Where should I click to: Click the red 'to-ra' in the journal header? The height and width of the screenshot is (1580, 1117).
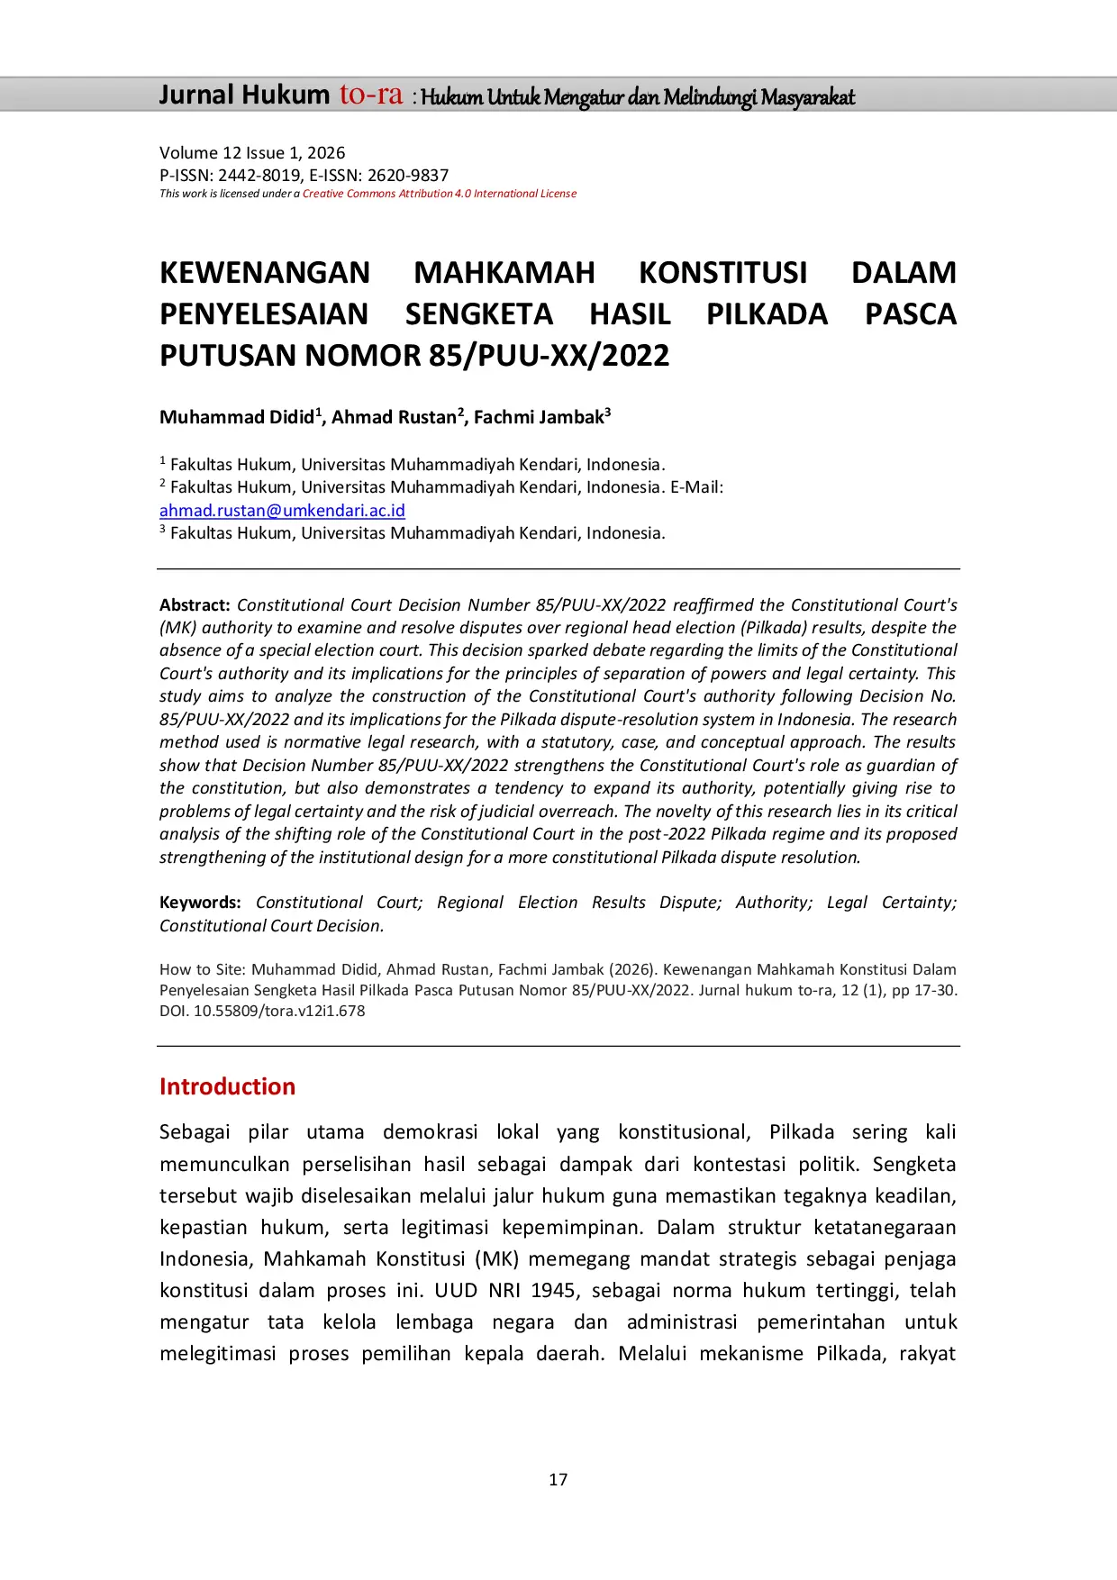[x=370, y=95]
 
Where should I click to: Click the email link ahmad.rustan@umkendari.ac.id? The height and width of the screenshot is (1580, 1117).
[x=282, y=511]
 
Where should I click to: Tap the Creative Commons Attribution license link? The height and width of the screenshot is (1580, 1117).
[x=439, y=194]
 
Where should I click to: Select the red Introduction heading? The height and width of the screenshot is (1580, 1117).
[x=227, y=1086]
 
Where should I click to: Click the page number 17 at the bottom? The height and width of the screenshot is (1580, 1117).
[x=558, y=1479]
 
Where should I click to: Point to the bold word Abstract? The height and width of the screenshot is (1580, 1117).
[x=195, y=605]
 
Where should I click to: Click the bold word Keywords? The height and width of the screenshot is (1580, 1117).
[x=200, y=903]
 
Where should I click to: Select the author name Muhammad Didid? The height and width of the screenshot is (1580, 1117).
[x=237, y=417]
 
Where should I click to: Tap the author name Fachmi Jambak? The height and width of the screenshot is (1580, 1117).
[x=539, y=417]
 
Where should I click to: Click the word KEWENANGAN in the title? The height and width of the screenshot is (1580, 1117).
[x=265, y=273]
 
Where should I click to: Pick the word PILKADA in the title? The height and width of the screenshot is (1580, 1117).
[x=767, y=314]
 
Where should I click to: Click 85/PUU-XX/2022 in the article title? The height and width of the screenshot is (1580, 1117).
[x=549, y=356]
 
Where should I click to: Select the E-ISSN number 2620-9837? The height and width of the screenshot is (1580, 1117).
[x=407, y=176]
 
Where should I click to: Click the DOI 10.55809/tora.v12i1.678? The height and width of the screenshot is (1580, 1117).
[x=279, y=1011]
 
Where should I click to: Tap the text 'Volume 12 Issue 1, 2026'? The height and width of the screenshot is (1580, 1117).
[x=252, y=153]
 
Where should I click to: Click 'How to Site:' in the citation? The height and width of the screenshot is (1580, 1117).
[x=202, y=970]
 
